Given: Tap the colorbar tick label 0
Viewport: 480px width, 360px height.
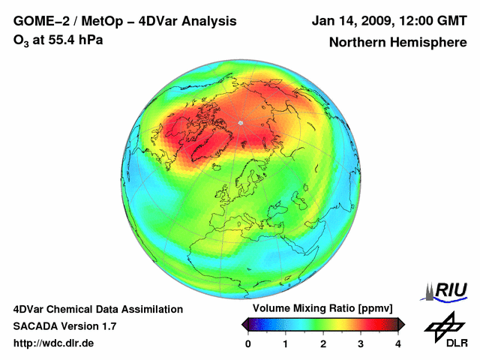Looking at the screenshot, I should pos(248,343).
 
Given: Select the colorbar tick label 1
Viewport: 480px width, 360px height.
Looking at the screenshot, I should pos(286,343).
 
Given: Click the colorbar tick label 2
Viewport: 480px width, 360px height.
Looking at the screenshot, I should pos(323,343).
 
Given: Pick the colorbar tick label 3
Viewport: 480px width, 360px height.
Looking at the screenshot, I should pos(361,343).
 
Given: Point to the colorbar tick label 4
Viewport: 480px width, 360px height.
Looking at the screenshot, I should pos(398,343).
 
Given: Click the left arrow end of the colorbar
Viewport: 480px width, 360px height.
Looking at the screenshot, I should pos(245,324).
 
